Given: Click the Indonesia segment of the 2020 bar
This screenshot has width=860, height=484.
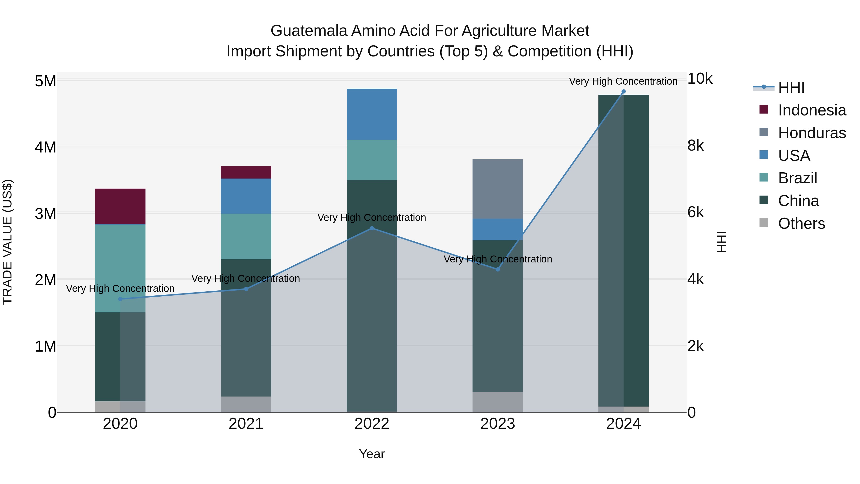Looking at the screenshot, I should (120, 207).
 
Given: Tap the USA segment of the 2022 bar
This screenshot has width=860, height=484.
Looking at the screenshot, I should (372, 114).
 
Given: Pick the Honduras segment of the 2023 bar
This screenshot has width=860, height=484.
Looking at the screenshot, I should (497, 189).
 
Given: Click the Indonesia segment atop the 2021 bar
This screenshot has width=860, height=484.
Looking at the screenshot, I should (246, 172).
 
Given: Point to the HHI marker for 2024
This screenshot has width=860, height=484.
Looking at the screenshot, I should (623, 92).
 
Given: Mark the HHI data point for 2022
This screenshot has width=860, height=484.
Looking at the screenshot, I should (372, 228).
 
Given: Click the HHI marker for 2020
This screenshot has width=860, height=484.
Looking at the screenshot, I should (120, 299).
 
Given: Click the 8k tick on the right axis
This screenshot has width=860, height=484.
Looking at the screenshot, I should (696, 146).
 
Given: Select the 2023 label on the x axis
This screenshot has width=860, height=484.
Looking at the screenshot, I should (497, 424).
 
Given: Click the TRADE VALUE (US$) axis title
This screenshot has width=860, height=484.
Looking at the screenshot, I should (7, 242).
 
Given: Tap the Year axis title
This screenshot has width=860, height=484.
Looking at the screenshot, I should (372, 454).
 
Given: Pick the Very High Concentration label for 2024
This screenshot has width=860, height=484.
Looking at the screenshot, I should (623, 81).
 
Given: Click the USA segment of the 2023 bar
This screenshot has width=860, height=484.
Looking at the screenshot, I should (497, 229).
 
